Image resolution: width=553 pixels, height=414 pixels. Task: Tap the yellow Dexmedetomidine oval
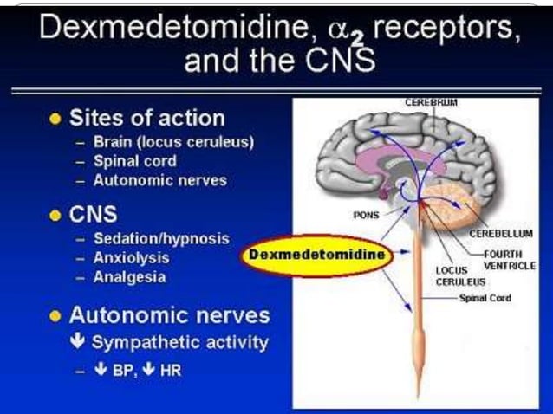pyautogui.click(x=316, y=256)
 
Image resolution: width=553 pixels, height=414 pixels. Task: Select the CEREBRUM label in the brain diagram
pyautogui.click(x=431, y=102)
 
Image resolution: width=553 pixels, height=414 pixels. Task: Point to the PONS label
pyautogui.click(x=366, y=215)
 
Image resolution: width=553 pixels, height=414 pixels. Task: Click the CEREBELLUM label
pyautogui.click(x=501, y=233)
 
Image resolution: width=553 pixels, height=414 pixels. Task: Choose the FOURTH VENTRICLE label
pyautogui.click(x=510, y=260)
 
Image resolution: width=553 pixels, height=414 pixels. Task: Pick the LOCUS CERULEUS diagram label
pyautogui.click(x=460, y=276)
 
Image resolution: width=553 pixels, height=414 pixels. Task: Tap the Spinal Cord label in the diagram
pyautogui.click(x=485, y=298)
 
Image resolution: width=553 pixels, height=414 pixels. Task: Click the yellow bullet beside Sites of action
pyautogui.click(x=55, y=119)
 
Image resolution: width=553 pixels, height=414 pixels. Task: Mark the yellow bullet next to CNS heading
pyautogui.click(x=55, y=215)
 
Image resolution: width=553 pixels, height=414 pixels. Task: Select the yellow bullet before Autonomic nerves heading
pyautogui.click(x=55, y=316)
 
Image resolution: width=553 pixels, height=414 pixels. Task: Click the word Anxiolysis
pyautogui.click(x=131, y=258)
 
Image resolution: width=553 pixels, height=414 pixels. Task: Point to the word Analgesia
pyautogui.click(x=129, y=277)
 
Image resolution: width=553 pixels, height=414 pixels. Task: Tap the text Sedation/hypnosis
pyautogui.click(x=161, y=239)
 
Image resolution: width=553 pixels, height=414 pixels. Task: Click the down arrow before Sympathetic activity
pyautogui.click(x=78, y=340)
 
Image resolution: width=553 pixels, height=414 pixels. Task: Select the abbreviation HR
pyautogui.click(x=171, y=371)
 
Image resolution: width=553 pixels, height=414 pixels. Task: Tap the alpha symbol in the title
pyautogui.click(x=339, y=30)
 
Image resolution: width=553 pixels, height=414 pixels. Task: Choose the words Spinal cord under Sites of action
pyautogui.click(x=134, y=161)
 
